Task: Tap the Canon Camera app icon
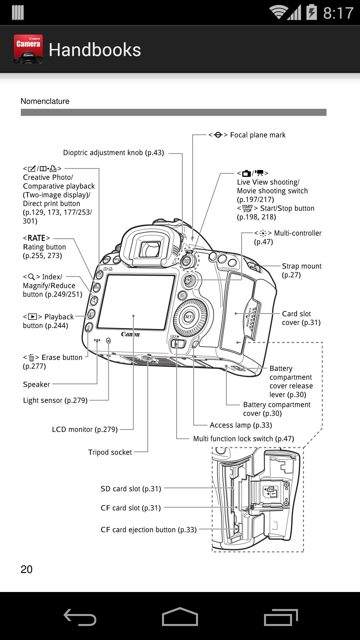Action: [28, 49]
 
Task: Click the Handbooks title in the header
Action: [95, 50]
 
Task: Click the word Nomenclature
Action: [45, 101]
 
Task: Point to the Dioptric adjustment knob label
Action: [113, 153]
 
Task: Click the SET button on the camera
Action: [188, 317]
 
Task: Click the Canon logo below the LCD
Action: [130, 334]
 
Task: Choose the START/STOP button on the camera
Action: [186, 261]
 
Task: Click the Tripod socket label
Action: [110, 452]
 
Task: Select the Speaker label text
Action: [36, 384]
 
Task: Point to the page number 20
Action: [27, 569]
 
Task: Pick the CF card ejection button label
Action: [149, 530]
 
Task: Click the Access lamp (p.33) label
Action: [241, 425]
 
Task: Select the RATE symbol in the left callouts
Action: [36, 238]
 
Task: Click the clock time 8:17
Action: [338, 13]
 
